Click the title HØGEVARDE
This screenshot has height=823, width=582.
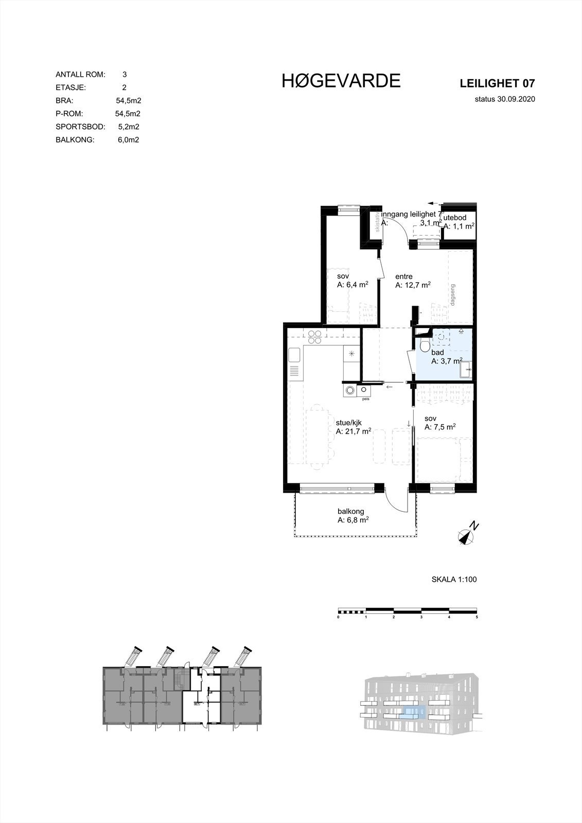click(341, 81)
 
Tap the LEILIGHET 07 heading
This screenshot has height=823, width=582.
click(497, 83)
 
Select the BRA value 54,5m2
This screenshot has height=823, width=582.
click(128, 101)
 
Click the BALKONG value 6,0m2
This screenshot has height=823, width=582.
click(128, 140)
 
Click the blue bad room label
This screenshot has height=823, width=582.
click(437, 353)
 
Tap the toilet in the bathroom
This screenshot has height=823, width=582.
click(424, 345)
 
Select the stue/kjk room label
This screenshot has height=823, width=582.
click(349, 423)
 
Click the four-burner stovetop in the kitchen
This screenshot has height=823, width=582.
click(315, 337)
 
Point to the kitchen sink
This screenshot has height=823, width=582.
click(294, 355)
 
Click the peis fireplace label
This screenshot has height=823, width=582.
click(366, 399)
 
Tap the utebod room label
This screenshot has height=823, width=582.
click(455, 218)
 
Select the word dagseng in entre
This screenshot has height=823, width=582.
click(453, 295)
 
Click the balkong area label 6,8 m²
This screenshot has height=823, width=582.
click(353, 521)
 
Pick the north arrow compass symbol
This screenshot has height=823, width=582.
click(467, 535)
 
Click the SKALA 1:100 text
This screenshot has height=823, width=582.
click(454, 580)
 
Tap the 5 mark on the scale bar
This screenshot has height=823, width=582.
click(477, 616)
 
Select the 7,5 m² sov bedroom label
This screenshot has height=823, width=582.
click(440, 427)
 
